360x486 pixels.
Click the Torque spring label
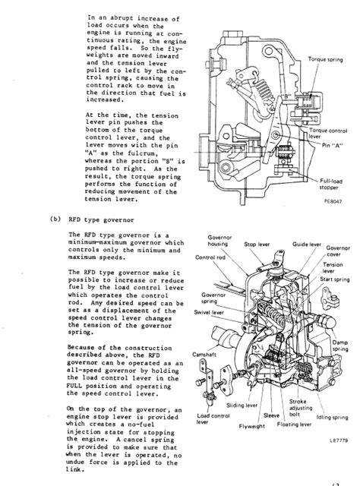point(325,59)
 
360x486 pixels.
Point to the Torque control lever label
point(328,134)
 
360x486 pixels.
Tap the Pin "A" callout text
point(332,145)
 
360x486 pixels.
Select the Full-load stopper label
point(330,184)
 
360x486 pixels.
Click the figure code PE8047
point(333,201)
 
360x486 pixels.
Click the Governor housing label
point(219,241)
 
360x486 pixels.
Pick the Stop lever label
point(257,245)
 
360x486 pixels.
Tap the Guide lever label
point(307,245)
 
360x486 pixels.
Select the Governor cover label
point(338,251)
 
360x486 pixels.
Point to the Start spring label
point(335,279)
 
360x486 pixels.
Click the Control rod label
point(210,257)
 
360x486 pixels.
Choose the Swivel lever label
point(209,312)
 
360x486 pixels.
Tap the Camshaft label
point(204,355)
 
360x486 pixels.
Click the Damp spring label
point(340,346)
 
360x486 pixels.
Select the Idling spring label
point(332,417)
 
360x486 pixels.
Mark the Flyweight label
point(252,426)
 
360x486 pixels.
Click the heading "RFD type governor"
point(101,219)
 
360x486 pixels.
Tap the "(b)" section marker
point(55,219)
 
